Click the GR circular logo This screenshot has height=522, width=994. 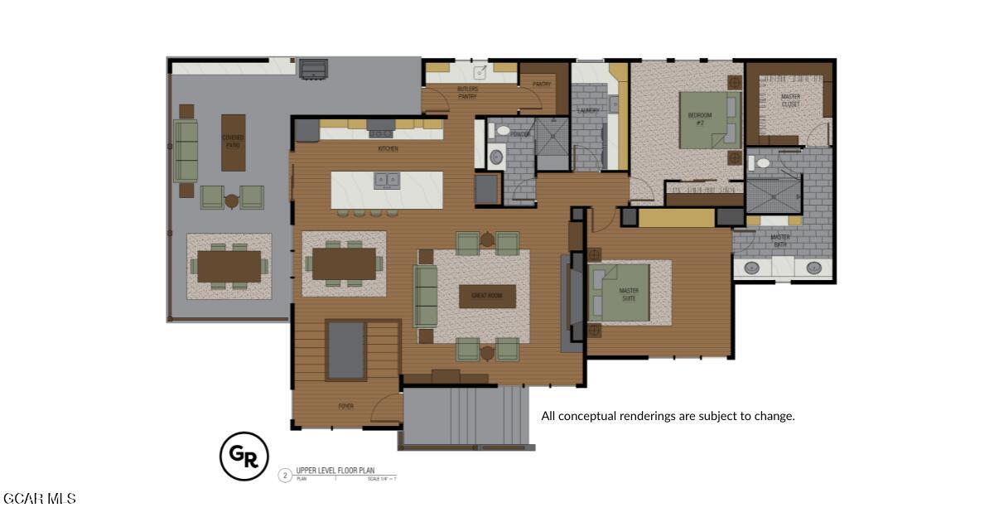pos(244,456)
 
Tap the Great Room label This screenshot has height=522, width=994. pos(487,296)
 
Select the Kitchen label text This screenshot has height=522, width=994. pos(388,149)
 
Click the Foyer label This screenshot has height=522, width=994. pos(345,406)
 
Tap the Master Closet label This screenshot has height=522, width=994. pos(790,100)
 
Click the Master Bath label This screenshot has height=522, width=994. pos(780,241)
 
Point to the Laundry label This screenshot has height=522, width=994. pos(588,110)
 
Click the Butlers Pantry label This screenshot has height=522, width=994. pos(467,92)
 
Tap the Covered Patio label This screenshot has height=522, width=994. pos(233,141)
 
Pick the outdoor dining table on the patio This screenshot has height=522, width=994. pos(229,266)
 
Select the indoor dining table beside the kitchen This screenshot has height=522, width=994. pos(344,263)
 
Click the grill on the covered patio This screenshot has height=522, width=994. pos(313,69)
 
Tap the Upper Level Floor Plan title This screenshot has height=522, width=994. pos(335,471)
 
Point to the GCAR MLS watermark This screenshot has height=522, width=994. pos(40,499)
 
